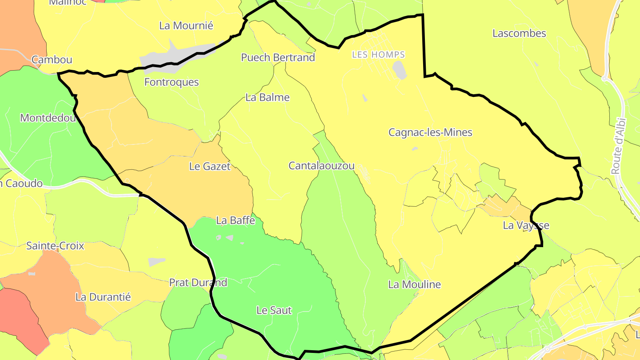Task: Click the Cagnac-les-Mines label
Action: pyautogui.click(x=430, y=132)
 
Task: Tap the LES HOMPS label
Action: pyautogui.click(x=378, y=55)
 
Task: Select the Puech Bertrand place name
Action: pyautogui.click(x=278, y=57)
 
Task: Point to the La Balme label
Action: pyautogui.click(x=268, y=98)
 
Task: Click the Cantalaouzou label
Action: pyautogui.click(x=321, y=166)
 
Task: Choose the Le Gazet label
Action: pyautogui.click(x=210, y=167)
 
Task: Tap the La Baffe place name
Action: pyautogui.click(x=236, y=220)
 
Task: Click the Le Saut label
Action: pyautogui.click(x=274, y=310)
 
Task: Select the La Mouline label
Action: pyautogui.click(x=414, y=284)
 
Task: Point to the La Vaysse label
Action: pyautogui.click(x=526, y=225)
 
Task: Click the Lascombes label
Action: pyautogui.click(x=519, y=34)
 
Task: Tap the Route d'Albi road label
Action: pyautogui.click(x=618, y=146)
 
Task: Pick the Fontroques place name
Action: pyautogui.click(x=172, y=82)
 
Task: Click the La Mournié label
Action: pyautogui.click(x=186, y=26)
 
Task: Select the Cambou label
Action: pyautogui.click(x=52, y=60)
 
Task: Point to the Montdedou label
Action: pyautogui.click(x=48, y=118)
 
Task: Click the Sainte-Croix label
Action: pyautogui.click(x=55, y=246)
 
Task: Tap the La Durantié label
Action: pyautogui.click(x=103, y=297)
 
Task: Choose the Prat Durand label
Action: pyautogui.click(x=198, y=283)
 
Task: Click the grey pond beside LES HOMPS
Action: pyautogui.click(x=400, y=70)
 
